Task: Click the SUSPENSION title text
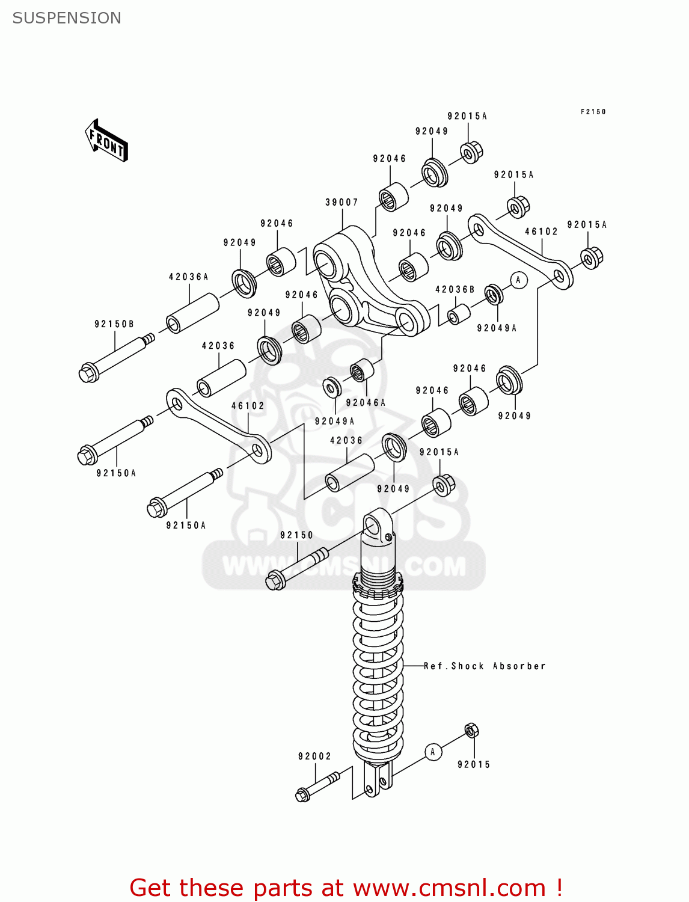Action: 67,18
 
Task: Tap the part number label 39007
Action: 341,203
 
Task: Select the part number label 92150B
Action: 114,324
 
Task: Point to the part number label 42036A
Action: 188,277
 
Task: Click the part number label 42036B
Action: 455,290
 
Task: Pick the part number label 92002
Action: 314,756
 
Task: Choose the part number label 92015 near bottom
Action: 474,765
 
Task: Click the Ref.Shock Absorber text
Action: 485,666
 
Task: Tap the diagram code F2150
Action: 593,112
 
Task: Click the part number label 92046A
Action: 366,403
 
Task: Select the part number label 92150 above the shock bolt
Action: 296,535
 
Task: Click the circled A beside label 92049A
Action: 518,280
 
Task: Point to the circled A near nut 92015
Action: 433,752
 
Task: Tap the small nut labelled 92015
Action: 472,731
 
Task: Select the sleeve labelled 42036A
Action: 192,313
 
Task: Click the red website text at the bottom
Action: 346,888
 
